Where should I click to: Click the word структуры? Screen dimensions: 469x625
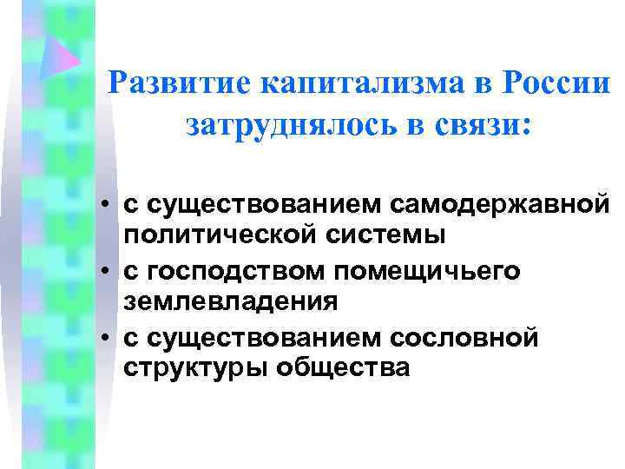point(196,367)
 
